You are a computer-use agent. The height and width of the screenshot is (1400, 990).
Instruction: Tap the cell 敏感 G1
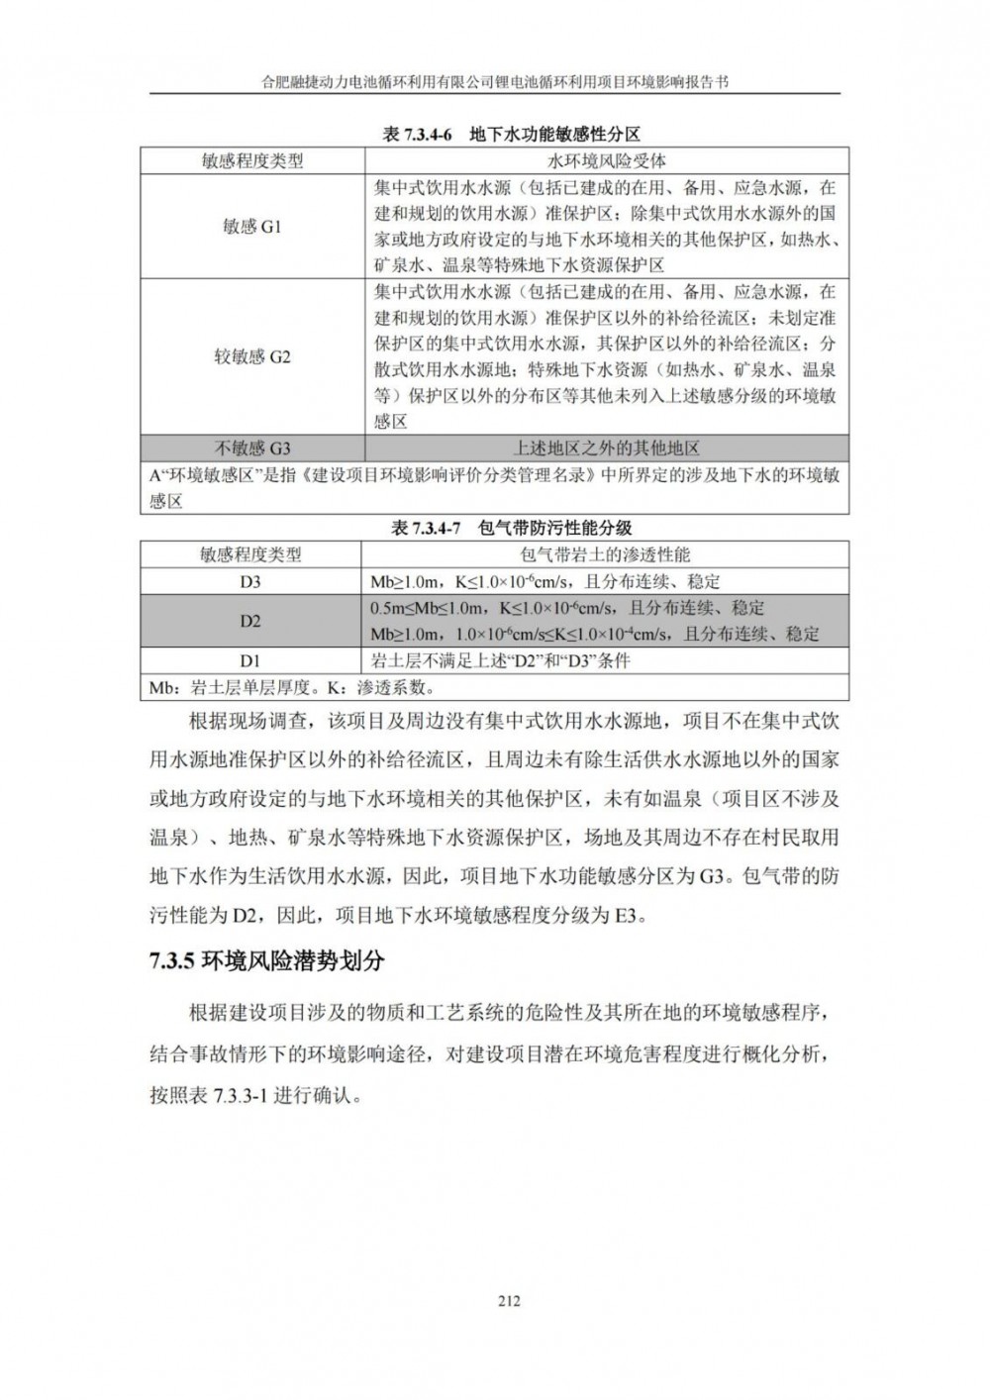252,227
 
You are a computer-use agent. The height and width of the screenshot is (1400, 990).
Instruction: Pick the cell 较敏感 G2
252,356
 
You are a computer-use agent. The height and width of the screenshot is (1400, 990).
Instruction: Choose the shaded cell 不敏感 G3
252,449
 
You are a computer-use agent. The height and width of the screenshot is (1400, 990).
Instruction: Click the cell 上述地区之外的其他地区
606,449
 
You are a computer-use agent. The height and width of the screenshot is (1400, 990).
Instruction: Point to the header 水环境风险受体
606,160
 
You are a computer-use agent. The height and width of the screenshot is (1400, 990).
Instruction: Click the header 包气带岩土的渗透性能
606,554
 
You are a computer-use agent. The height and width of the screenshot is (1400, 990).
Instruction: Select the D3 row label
249,581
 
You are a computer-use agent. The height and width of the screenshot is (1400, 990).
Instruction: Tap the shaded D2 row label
249,621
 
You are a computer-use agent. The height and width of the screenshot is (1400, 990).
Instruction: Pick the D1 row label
249,660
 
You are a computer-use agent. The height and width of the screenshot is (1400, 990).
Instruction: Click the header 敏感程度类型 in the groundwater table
252,160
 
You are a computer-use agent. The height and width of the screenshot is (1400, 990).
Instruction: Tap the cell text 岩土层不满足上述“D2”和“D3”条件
500,660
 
